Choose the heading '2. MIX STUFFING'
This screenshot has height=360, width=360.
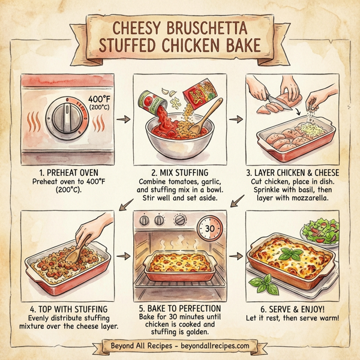coord(180,172)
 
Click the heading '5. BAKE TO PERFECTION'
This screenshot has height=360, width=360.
coord(180,308)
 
